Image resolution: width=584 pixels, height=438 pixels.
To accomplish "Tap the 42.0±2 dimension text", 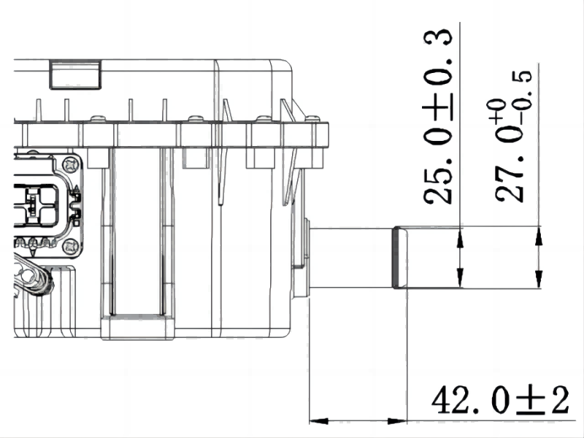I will click(x=499, y=401).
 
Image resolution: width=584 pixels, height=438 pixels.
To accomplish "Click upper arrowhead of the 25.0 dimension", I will click(x=461, y=235).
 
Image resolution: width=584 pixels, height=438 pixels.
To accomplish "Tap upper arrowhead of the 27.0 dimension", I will click(x=538, y=235).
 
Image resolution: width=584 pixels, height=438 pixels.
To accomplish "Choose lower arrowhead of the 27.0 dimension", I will click(x=538, y=280).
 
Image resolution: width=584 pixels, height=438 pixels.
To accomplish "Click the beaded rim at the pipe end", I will click(x=399, y=257).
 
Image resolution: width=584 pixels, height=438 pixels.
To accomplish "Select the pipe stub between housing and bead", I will click(x=350, y=257).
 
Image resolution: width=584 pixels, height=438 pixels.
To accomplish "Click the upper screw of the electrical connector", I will click(x=70, y=164).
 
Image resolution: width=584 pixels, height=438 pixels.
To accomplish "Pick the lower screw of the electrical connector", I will click(x=70, y=246).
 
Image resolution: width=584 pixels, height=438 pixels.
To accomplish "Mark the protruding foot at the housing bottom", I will click(x=138, y=327).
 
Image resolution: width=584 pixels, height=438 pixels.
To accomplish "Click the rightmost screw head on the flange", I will click(x=314, y=119).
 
